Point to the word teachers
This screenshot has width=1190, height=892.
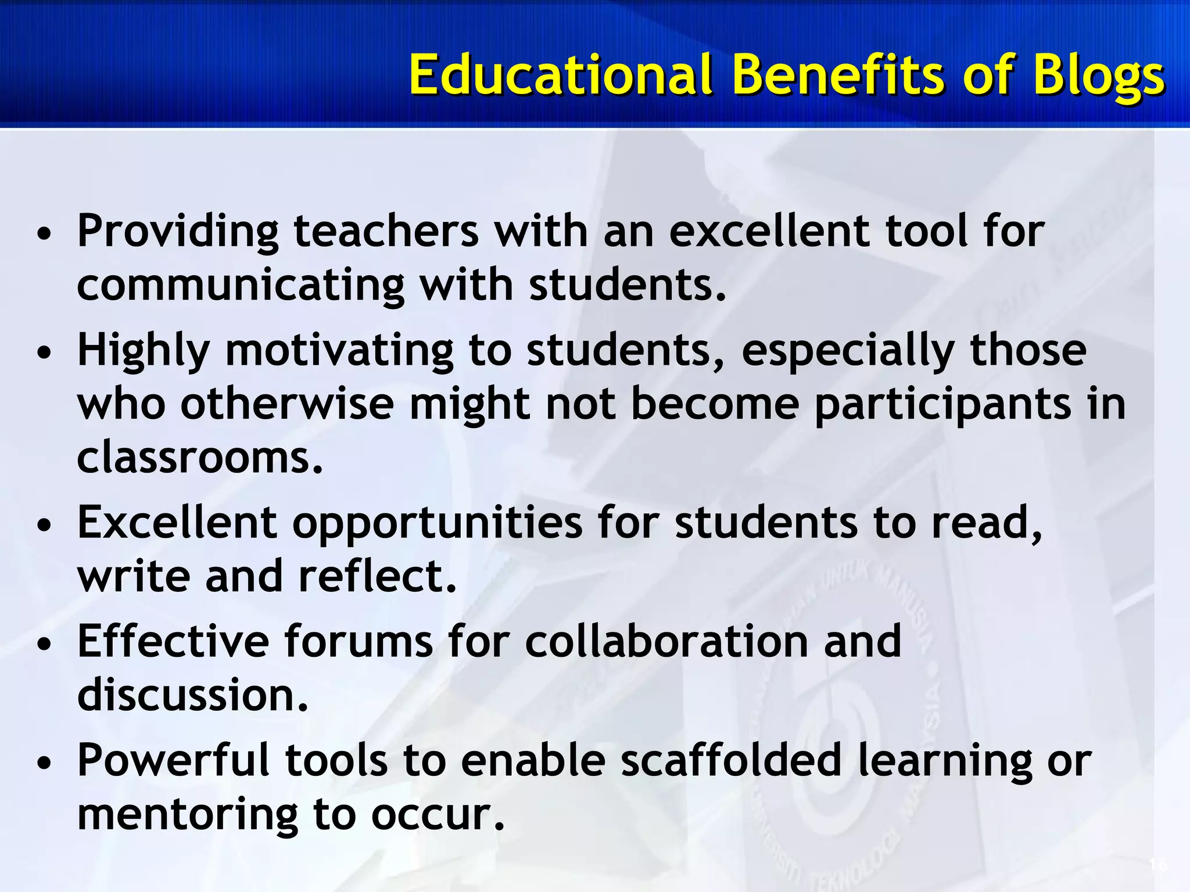386,231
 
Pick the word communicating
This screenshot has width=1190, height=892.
240,286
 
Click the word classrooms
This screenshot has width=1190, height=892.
199,458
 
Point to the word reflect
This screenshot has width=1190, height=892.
378,576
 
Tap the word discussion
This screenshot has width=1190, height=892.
192,695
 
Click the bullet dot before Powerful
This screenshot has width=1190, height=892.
44,762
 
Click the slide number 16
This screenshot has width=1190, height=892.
1157,865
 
